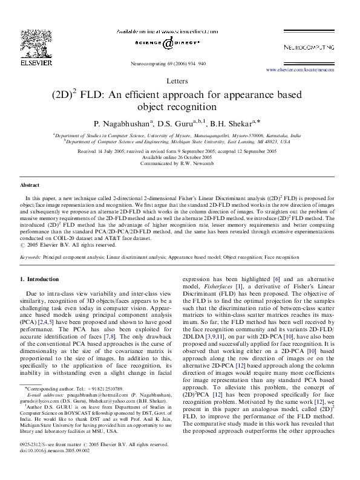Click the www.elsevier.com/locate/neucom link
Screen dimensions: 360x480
click(308, 70)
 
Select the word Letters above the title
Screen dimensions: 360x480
click(180, 81)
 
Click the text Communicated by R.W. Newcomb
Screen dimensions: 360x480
click(180, 163)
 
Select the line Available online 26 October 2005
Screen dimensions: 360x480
click(180, 157)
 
